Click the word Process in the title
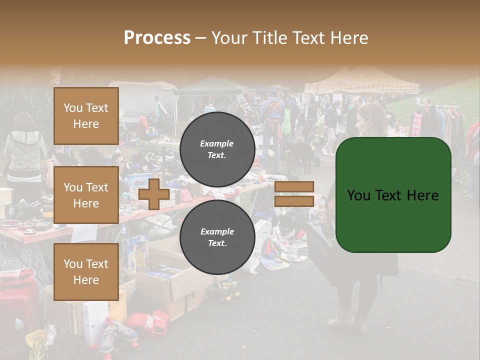tap(157, 38)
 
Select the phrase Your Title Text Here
tap(289, 38)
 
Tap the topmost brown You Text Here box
tap(86, 116)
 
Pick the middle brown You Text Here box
tap(86, 195)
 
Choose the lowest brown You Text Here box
tap(86, 271)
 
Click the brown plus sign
tap(154, 194)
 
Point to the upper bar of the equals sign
tap(294, 186)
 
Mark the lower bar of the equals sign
tap(294, 201)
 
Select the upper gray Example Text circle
tap(217, 149)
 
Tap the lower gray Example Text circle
tap(217, 237)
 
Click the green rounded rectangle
tap(393, 195)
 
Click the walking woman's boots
tap(350, 320)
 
